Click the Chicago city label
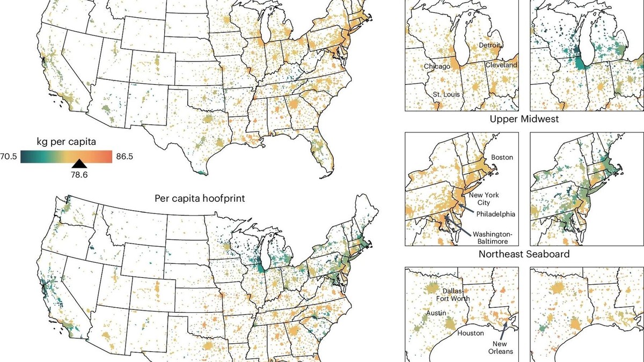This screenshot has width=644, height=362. point(437,67)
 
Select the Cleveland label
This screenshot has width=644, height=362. point(501,65)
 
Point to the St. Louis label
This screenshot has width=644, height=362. point(447,95)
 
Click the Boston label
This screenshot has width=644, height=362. point(502,158)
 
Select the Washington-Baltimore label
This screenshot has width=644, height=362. point(493,238)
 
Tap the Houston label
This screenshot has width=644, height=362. point(470,333)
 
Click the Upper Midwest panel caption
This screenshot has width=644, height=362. point(524,119)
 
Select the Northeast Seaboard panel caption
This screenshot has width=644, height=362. point(524,254)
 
